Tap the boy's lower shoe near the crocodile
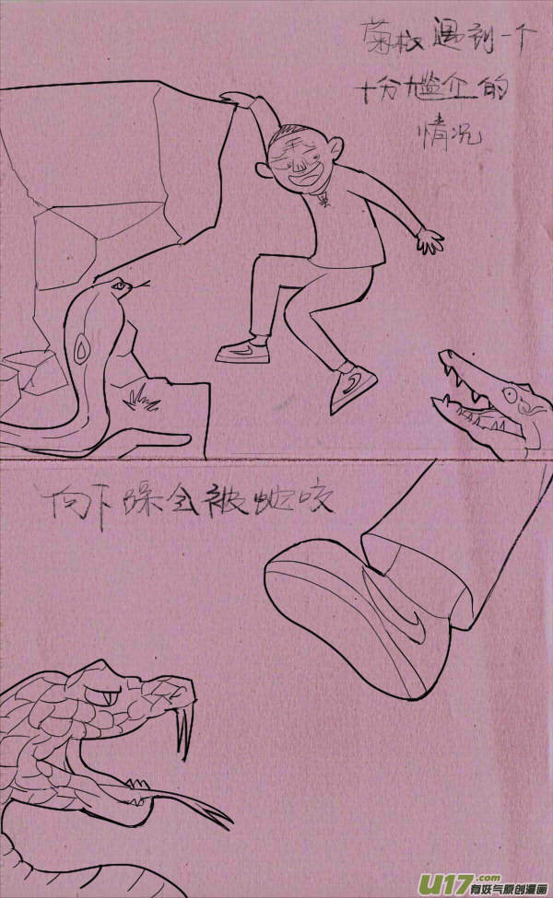coord(354,388)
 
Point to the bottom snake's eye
coord(110,694)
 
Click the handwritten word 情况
coord(448,139)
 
